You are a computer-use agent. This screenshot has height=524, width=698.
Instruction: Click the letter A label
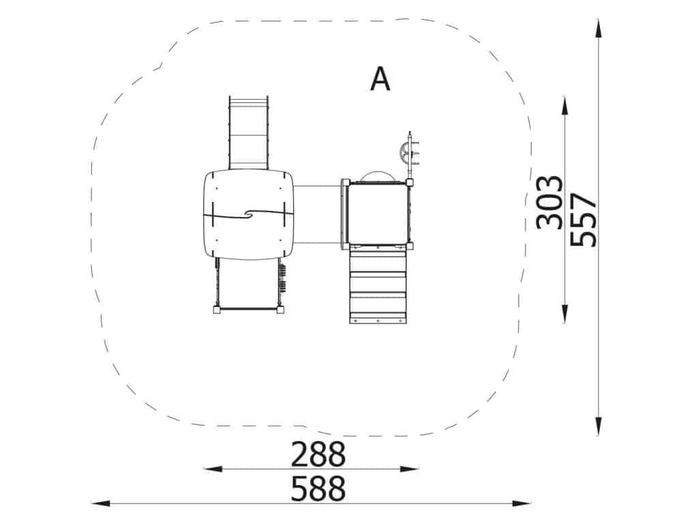[380, 79]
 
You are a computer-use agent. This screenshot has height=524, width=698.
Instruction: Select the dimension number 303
[549, 203]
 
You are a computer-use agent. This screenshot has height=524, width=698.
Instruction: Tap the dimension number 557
[583, 220]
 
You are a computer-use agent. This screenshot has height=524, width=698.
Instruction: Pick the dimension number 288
[318, 454]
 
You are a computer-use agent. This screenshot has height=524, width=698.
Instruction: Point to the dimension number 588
[318, 489]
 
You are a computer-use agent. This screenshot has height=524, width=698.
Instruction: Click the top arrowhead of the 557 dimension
[598, 29]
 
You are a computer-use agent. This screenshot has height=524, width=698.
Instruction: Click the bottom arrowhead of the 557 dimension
[598, 426]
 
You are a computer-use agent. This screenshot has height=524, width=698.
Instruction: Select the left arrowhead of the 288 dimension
[213, 469]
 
